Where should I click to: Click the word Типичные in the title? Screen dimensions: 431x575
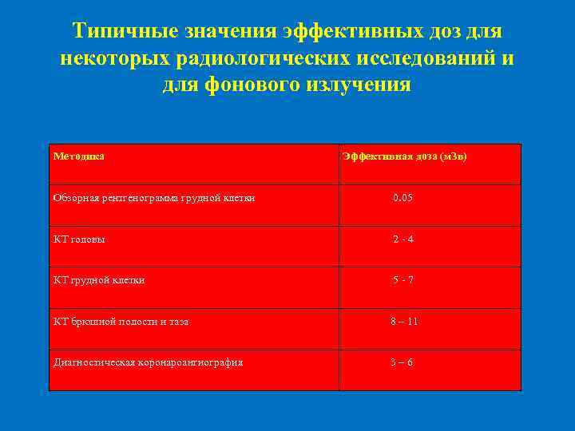pos(121,32)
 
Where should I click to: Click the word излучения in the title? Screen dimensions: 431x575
pos(359,84)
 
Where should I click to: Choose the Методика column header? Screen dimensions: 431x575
pos(78,156)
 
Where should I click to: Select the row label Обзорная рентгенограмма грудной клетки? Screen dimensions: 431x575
pos(154,198)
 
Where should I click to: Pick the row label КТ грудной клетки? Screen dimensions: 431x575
pos(99,280)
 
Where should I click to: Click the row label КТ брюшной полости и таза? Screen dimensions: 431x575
pos(121,322)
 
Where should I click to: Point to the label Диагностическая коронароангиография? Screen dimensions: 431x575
pos(148,362)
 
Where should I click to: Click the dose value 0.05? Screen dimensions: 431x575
pos(402,197)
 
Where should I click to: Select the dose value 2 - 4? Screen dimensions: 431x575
pos(402,239)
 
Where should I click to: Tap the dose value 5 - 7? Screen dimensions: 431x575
pos(402,280)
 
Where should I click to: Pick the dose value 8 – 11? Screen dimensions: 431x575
pos(404,322)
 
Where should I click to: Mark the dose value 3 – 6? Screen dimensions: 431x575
pos(402,362)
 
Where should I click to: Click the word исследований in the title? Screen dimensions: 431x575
pos(429,57)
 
